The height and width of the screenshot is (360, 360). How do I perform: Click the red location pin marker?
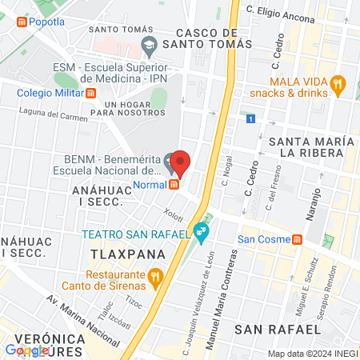pos(180,163)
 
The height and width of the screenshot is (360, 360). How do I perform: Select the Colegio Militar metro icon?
pos(91,93)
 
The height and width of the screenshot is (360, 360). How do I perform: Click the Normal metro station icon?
pos(173,185)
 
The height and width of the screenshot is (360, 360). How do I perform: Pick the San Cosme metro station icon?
pos(298,239)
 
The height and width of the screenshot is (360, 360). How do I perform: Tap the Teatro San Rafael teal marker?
pos(202,234)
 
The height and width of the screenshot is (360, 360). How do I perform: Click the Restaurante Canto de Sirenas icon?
pos(156,278)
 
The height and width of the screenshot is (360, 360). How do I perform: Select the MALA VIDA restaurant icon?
pos(338,82)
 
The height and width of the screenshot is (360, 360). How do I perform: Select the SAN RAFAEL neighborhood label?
pos(278,329)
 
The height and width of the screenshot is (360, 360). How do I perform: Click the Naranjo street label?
pos(314,205)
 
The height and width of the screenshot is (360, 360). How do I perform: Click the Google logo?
pos(26,350)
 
